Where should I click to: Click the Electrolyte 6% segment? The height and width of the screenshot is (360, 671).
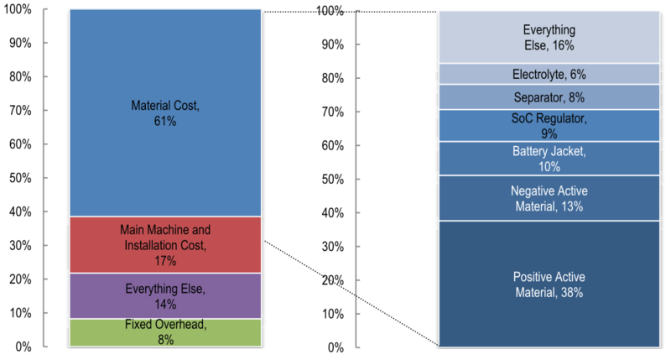(549, 74)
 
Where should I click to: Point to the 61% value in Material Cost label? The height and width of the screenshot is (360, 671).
(164, 122)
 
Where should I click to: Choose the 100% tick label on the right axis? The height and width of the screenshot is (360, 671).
(330, 10)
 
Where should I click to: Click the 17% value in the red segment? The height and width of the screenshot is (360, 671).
(164, 261)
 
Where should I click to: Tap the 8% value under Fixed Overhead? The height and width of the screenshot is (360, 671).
(164, 340)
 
